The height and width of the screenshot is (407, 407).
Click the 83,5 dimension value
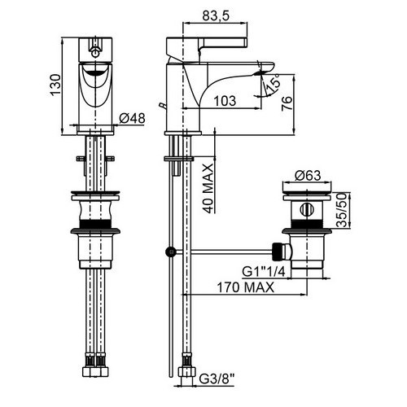(216, 15)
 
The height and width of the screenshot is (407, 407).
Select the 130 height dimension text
(55, 85)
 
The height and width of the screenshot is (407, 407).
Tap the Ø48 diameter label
(132, 118)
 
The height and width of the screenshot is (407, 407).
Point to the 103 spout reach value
(225, 101)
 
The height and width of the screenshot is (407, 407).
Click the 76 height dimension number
(287, 103)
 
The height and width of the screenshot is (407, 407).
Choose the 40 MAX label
(209, 189)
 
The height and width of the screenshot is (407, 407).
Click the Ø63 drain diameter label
(308, 175)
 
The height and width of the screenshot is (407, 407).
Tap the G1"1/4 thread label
(264, 272)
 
